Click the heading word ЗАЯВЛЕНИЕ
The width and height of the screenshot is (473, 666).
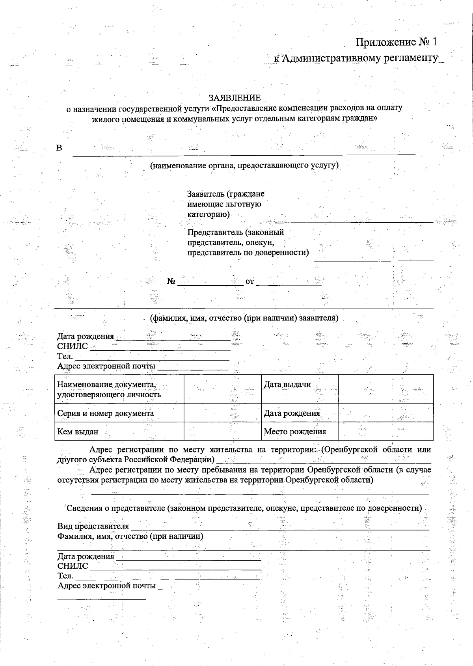coord(235,98)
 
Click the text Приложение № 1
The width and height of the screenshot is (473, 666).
coord(397,42)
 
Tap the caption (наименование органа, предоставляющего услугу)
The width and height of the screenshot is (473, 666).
coord(244,166)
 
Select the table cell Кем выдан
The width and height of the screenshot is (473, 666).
coord(78,432)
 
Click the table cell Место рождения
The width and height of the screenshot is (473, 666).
coord(295,432)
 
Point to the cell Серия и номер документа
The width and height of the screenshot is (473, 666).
coord(106,413)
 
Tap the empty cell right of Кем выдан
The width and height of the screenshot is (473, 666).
coord(222,431)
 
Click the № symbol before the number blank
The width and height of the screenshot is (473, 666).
coord(171,281)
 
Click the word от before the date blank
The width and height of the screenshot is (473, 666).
coord(250,282)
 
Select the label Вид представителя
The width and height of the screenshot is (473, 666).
coord(93,526)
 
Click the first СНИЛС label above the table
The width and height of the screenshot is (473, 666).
coord(73,346)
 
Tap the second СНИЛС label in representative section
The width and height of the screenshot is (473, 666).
coord(73,566)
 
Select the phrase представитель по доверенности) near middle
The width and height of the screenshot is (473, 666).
coord(248,253)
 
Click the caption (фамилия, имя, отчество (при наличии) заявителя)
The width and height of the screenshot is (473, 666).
coord(244,318)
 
